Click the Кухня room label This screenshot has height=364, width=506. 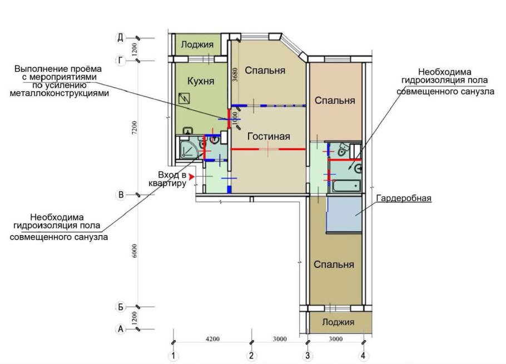[x=201, y=81]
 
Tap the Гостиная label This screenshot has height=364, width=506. [x=269, y=136]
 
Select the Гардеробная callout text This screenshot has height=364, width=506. [x=404, y=198]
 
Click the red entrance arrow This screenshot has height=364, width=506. [x=192, y=177]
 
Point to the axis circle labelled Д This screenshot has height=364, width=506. [x=120, y=38]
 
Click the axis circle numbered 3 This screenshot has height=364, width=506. [x=307, y=356]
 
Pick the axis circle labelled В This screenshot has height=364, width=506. [x=120, y=195]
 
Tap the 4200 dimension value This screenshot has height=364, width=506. [x=212, y=339]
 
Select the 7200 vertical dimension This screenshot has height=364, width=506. [x=135, y=128]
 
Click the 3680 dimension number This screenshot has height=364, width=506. [x=235, y=74]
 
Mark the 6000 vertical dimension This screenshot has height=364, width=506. [x=135, y=251]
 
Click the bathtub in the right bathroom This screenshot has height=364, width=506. [x=346, y=186]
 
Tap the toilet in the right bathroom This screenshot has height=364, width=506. [x=343, y=149]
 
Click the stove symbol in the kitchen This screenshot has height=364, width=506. [x=184, y=98]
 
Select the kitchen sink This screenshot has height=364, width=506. [x=188, y=131]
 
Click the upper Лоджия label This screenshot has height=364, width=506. [x=197, y=44]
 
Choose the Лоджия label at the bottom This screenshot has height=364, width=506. [x=338, y=322]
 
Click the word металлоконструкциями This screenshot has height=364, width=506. [x=59, y=93]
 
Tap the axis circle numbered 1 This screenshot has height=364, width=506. [x=173, y=356]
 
